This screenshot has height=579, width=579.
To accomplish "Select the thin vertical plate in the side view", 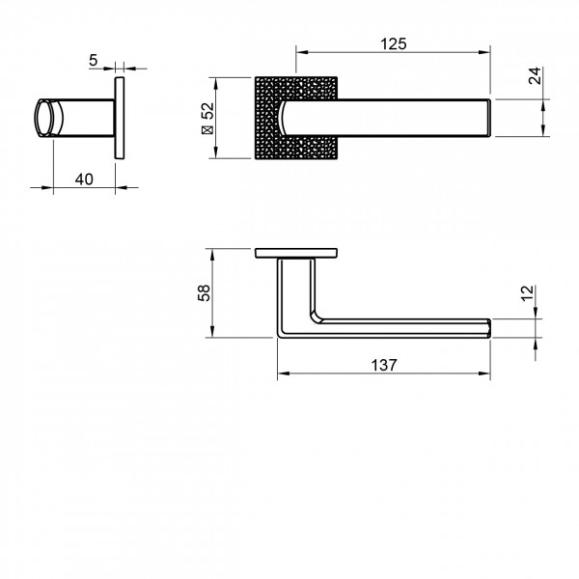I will click(x=120, y=118).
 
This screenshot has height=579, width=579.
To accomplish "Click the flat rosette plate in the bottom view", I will click(x=295, y=254).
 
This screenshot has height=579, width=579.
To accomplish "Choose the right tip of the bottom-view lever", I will click(x=493, y=326).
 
